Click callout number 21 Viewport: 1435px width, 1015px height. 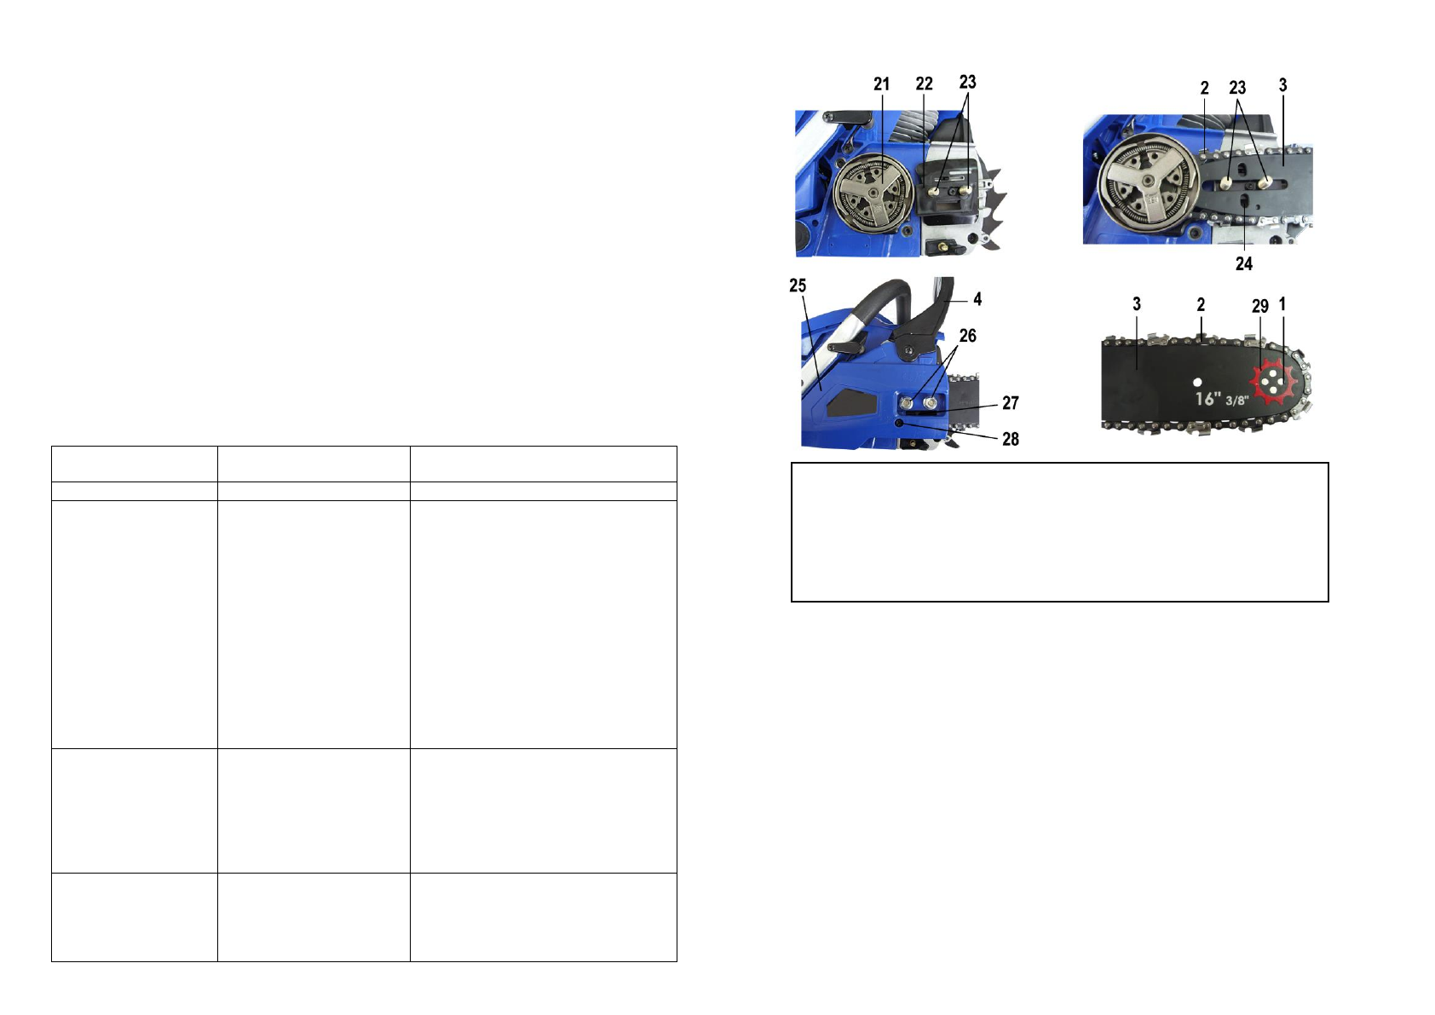pos(881,84)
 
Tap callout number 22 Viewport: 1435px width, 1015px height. pos(924,84)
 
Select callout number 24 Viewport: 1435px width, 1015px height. pos(1243,263)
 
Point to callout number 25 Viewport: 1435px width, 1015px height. pos(798,285)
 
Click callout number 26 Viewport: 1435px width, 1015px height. pos(967,336)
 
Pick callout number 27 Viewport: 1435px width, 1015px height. pos(1011,403)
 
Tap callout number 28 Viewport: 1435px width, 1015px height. pos(1011,439)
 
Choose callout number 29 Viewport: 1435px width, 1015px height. pos(1260,306)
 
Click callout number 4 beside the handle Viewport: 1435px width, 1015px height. pos(977,299)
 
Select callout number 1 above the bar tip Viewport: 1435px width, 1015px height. pos(1282,304)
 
